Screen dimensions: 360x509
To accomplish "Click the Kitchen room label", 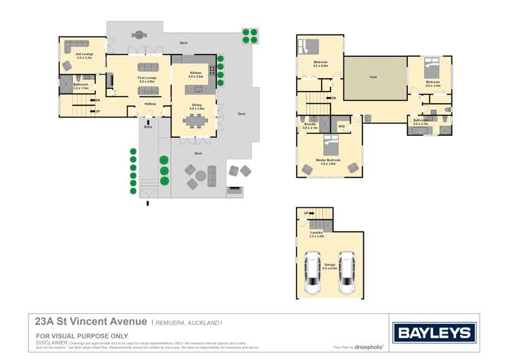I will pyautogui.click(x=195, y=73).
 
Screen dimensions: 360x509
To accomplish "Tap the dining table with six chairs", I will pyautogui.click(x=196, y=120).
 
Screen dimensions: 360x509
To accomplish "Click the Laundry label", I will pyautogui.click(x=317, y=234).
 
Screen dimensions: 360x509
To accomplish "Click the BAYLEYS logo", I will pyautogui.click(x=434, y=333).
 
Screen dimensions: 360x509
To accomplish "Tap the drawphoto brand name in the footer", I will pyautogui.click(x=370, y=347).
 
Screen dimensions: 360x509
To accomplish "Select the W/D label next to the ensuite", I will pyautogui.click(x=341, y=126).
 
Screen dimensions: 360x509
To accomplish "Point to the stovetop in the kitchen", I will pyautogui.click(x=212, y=70).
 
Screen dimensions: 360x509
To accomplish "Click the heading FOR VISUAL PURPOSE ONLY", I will pyautogui.click(x=81, y=336).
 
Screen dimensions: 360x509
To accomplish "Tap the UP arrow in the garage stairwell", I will pyautogui.click(x=306, y=213).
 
